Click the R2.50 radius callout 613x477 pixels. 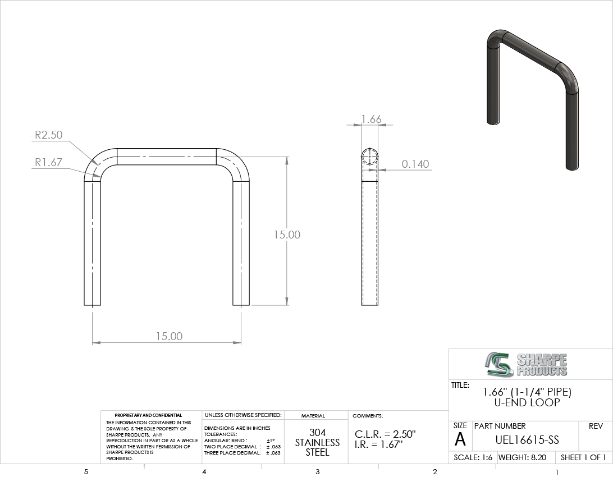click(x=48, y=135)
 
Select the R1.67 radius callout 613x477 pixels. click(x=48, y=162)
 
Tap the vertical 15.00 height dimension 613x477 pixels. click(x=287, y=235)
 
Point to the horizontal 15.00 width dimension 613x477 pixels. click(x=170, y=336)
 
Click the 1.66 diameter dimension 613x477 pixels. click(x=371, y=119)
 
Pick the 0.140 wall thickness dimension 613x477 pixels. click(x=415, y=164)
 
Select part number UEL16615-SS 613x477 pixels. click(x=527, y=441)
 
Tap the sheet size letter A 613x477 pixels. click(x=460, y=439)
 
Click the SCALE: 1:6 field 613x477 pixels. click(x=473, y=457)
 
